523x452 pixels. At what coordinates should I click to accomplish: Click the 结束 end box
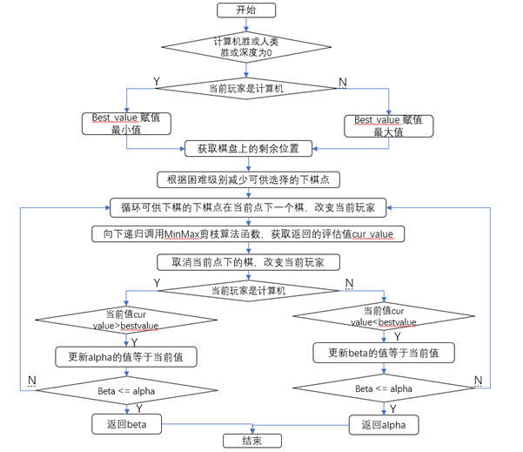tap(251, 441)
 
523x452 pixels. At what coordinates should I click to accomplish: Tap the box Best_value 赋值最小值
tap(127, 124)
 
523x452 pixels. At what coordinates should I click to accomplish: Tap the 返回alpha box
tap(384, 424)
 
